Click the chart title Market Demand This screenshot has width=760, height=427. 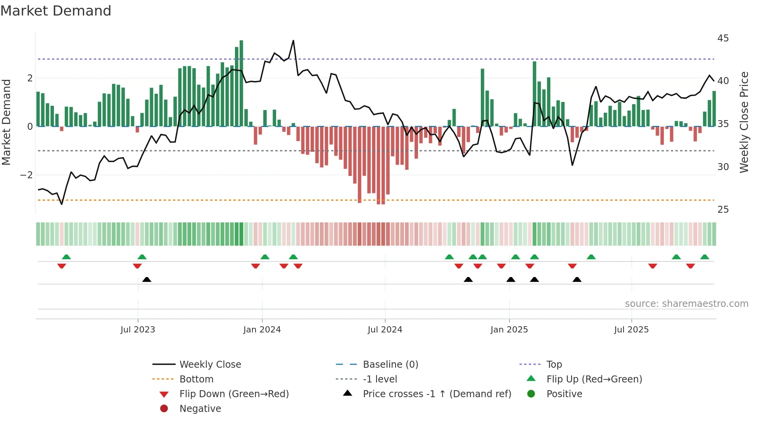(x=56, y=11)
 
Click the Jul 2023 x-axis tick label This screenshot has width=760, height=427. (x=138, y=330)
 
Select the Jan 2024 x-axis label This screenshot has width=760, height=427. (x=262, y=330)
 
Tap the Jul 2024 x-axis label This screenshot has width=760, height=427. (x=385, y=330)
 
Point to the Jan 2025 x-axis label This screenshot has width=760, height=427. (x=509, y=330)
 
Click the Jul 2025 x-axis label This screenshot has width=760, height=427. (x=631, y=330)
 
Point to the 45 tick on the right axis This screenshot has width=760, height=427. (x=723, y=38)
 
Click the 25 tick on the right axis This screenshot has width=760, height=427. (x=723, y=210)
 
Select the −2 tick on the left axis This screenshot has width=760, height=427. (x=26, y=175)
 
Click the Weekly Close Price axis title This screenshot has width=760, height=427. (x=744, y=122)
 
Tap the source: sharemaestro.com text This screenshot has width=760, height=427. (x=686, y=304)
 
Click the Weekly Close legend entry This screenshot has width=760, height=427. (x=210, y=365)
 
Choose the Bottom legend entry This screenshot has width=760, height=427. (x=196, y=379)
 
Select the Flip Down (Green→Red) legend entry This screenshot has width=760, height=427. (x=234, y=394)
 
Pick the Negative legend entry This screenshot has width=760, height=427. (x=200, y=409)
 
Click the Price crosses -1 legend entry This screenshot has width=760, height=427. (x=437, y=394)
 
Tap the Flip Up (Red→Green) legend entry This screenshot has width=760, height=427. (x=594, y=379)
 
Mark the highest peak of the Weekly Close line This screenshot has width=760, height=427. (x=293, y=41)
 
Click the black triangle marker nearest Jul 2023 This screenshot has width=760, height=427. (x=147, y=279)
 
